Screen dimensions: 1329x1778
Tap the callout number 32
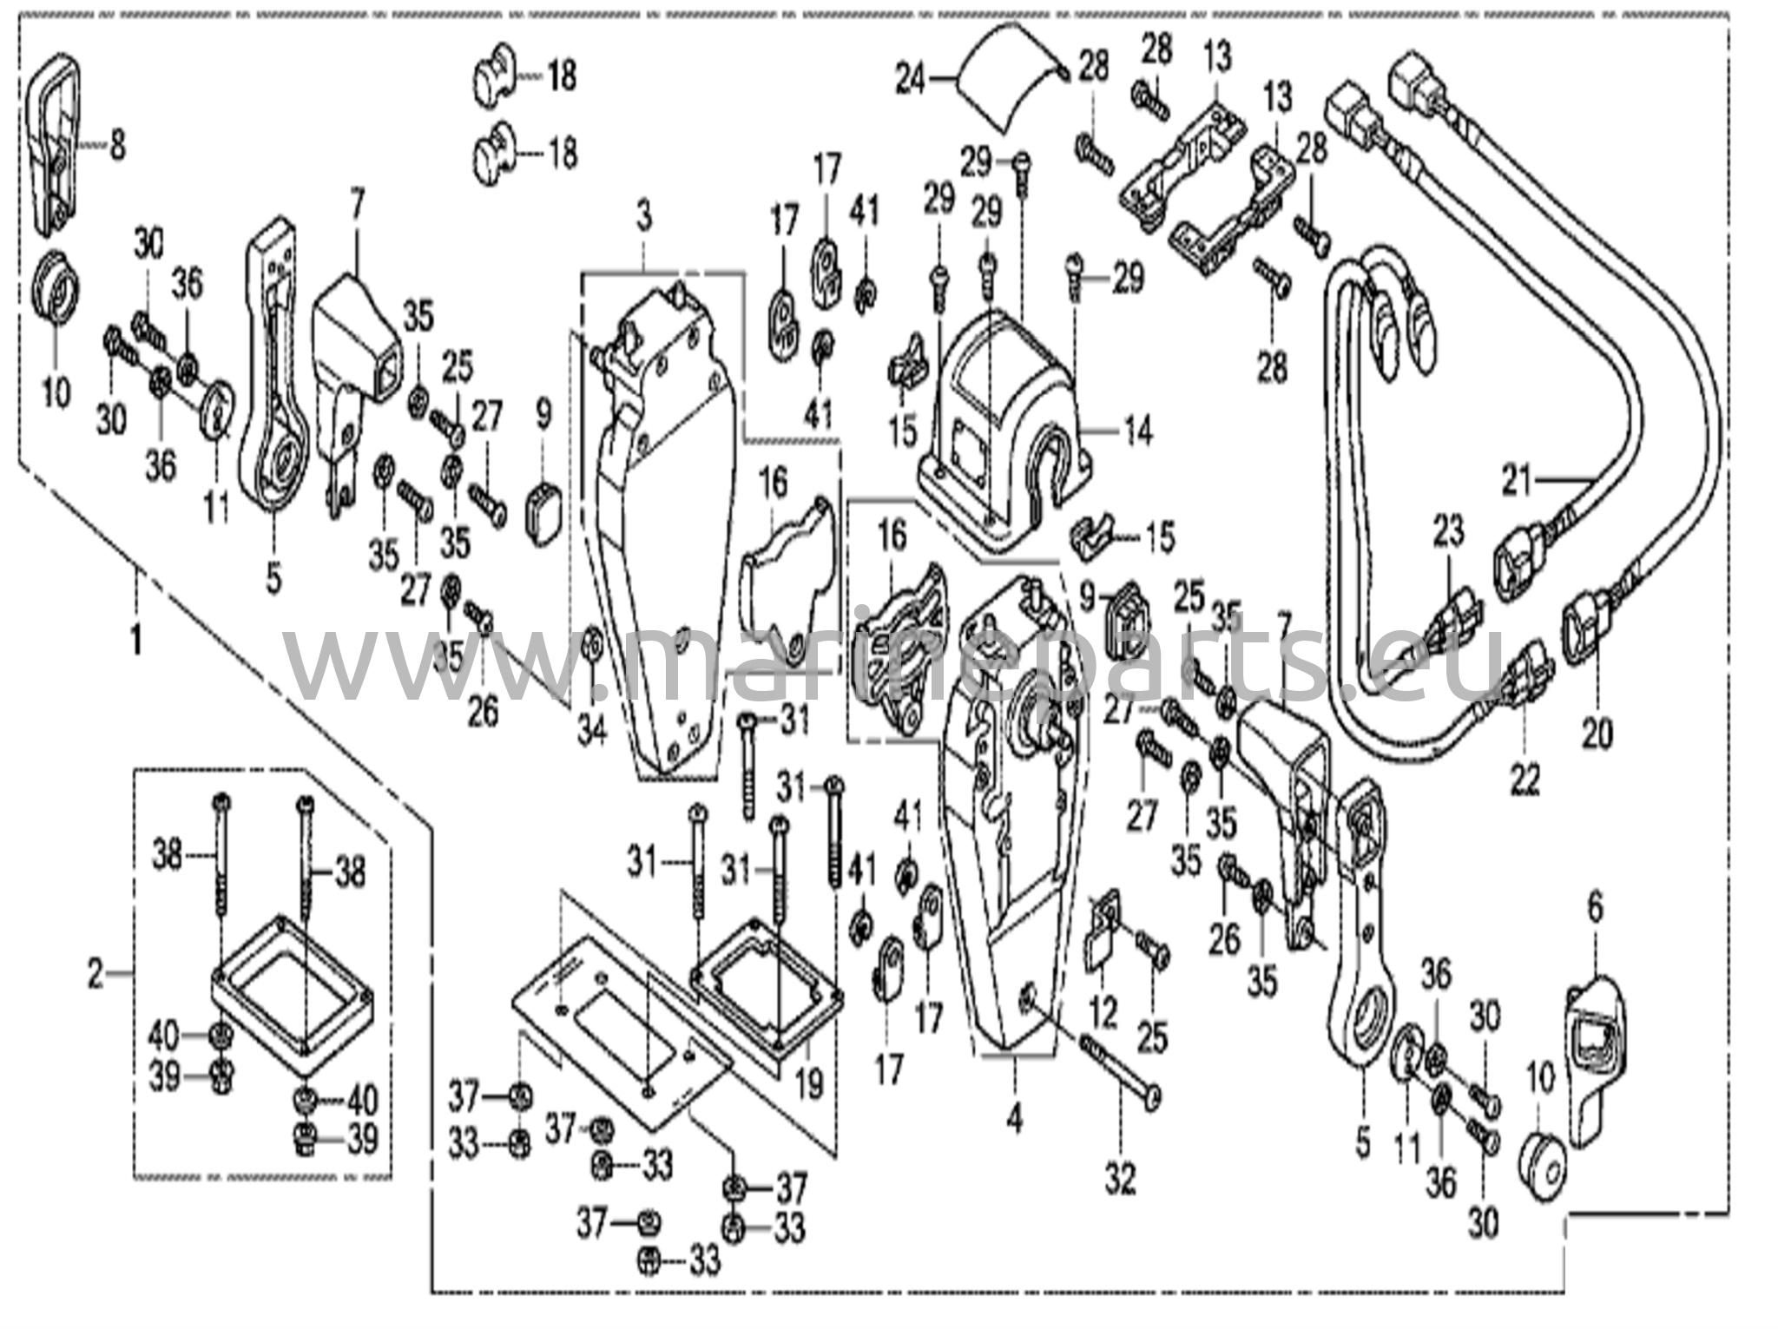pyautogui.click(x=1120, y=1178)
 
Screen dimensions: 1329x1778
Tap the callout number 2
pyautogui.click(x=95, y=975)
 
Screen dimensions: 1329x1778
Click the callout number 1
pyautogui.click(x=135, y=641)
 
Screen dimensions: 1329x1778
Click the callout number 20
pyautogui.click(x=1596, y=734)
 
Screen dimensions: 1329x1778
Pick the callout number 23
pyautogui.click(x=1447, y=531)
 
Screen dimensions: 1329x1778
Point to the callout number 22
pyautogui.click(x=1525, y=779)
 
